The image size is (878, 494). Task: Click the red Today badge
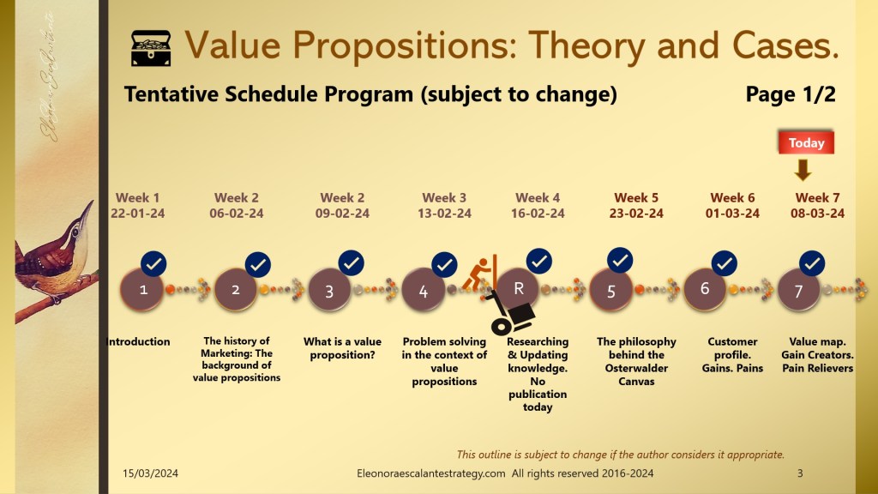(806, 142)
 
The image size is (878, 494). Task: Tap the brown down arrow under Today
(803, 170)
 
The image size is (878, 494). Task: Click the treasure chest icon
(151, 48)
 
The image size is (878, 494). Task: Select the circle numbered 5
(610, 290)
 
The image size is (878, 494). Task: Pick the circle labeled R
(518, 288)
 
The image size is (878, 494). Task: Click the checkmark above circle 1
(153, 263)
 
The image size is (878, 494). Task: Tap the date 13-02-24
(445, 214)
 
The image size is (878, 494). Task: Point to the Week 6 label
(732, 198)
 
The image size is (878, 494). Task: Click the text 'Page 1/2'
(790, 94)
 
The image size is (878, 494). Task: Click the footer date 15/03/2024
(151, 473)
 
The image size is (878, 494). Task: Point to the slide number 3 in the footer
(800, 473)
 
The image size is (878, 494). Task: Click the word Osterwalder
(637, 368)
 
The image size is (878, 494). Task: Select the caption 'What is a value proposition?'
(342, 348)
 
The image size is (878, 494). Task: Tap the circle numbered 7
(798, 291)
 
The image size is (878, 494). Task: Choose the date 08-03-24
(817, 214)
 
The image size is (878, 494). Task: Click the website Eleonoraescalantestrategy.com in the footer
(431, 473)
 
